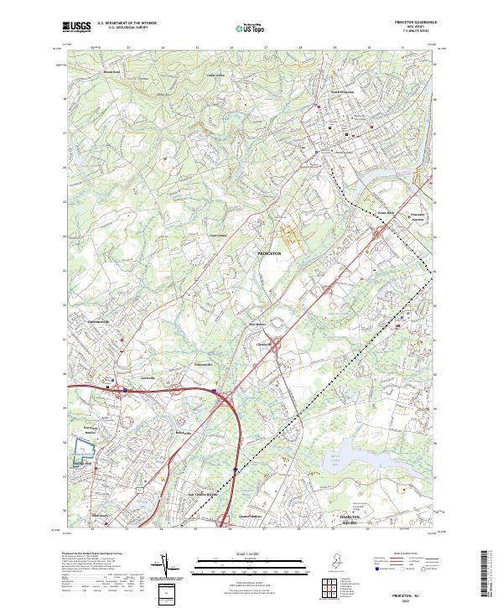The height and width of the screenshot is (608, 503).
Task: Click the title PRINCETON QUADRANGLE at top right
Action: (x=419, y=23)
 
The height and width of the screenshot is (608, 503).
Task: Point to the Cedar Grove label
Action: (x=215, y=75)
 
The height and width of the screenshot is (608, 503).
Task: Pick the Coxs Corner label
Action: (x=218, y=235)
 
